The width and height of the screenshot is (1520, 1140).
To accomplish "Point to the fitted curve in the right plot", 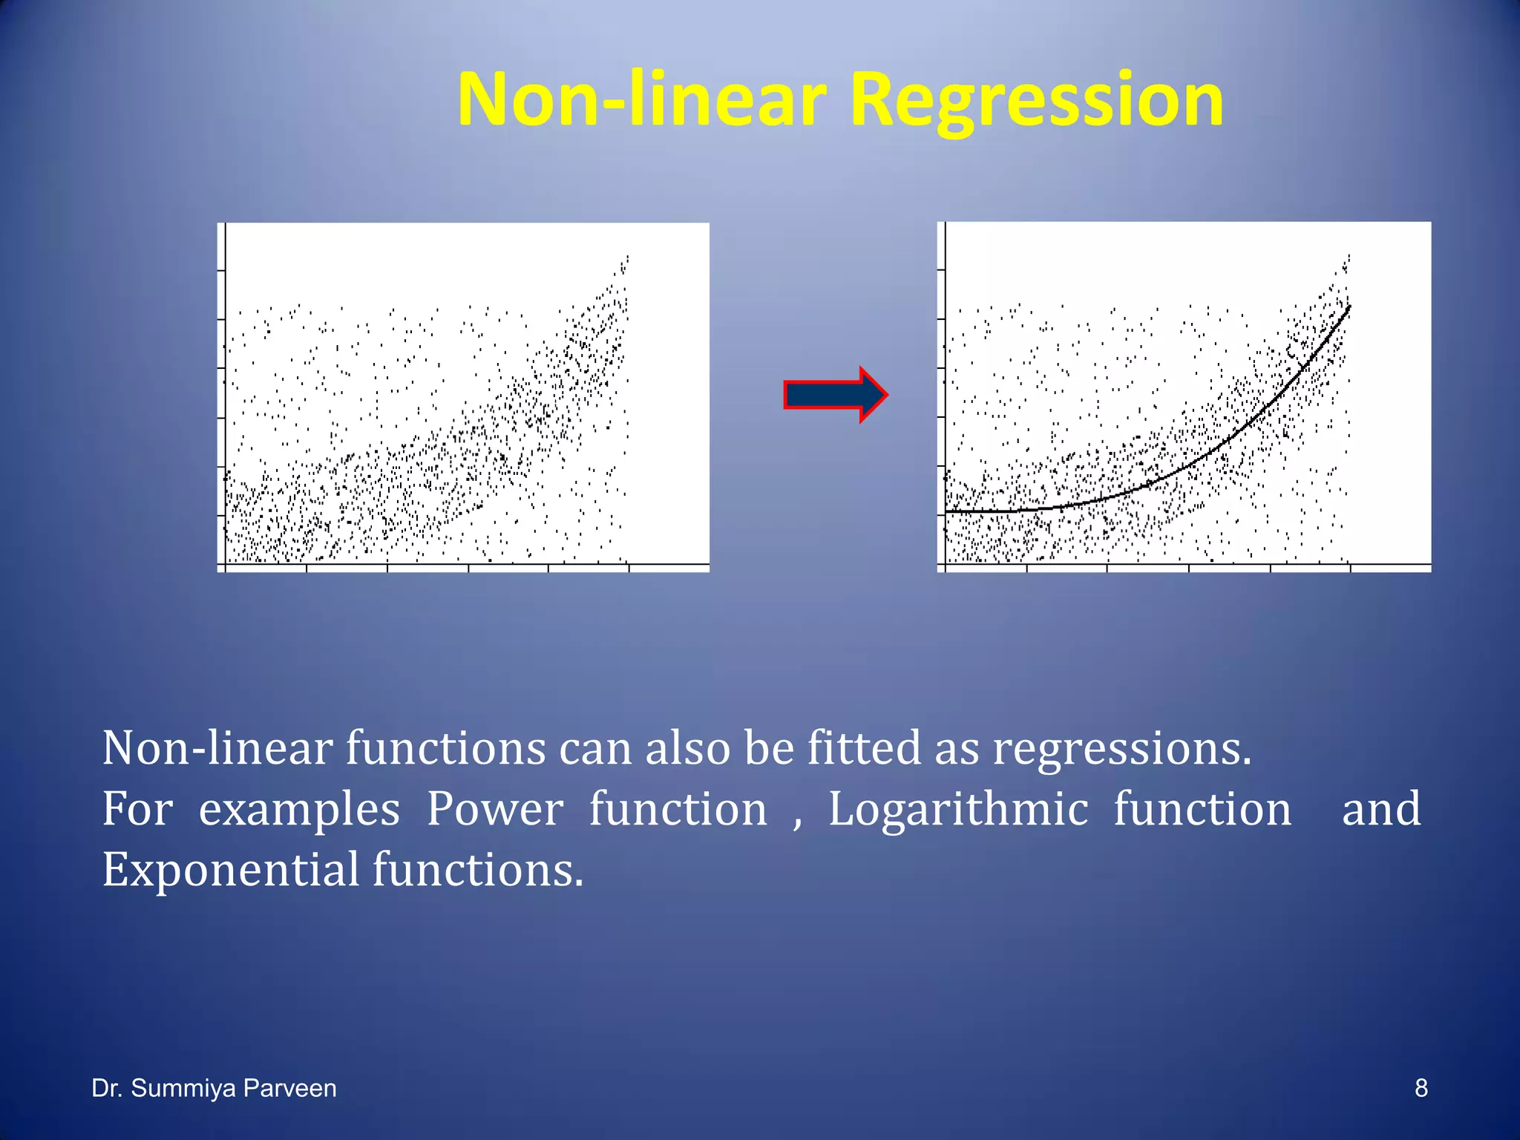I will point(1187,466).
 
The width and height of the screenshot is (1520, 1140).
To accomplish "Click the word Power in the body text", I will point(494,809).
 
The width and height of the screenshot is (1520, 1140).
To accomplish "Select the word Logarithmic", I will point(958,809).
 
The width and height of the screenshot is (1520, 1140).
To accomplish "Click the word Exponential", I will point(231,870).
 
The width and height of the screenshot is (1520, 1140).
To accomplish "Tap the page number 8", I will point(1421,1088).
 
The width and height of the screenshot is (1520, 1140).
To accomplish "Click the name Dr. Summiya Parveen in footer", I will point(214,1088).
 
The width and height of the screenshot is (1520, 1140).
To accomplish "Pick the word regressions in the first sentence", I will point(1121,748).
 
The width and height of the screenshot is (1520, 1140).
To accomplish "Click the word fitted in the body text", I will point(864,748).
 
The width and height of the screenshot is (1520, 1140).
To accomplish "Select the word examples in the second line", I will point(299,809).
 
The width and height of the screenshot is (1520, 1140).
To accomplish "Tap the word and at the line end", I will point(1381,809).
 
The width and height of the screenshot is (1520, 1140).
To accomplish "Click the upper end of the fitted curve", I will point(1349,307).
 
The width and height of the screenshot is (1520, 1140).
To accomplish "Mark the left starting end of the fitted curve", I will point(948,511).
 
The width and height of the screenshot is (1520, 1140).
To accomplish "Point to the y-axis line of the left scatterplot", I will point(225,393).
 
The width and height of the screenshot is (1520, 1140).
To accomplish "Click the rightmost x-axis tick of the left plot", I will point(629,569).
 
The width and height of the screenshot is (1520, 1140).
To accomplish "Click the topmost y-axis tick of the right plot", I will point(941,270).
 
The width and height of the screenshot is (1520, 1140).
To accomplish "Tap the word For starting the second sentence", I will point(137,809).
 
